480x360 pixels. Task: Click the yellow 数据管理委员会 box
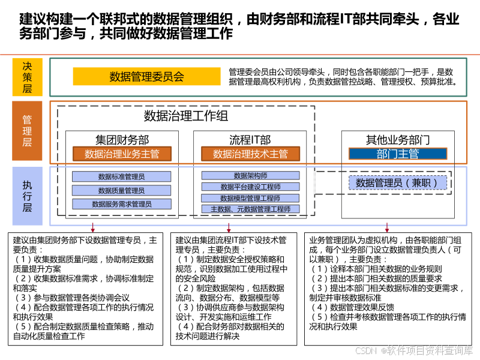pos(146,77)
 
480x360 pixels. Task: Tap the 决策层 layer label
pos(28,77)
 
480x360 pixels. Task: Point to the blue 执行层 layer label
pos(28,196)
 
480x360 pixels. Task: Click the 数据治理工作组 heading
pos(186,116)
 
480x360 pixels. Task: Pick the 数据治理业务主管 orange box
pos(122,154)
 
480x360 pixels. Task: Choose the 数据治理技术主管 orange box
pos(250,154)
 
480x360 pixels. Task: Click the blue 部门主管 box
pos(398,154)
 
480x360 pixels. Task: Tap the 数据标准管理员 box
pos(122,177)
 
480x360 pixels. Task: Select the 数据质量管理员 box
pos(122,190)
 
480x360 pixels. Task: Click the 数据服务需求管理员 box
pos(122,204)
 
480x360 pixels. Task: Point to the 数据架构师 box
pos(250,176)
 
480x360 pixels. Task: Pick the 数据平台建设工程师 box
pos(250,187)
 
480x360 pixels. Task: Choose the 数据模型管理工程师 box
pos(250,198)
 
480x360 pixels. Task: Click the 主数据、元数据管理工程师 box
pos(250,209)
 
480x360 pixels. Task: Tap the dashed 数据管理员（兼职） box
pos(398,183)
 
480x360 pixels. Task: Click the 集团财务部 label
pos(122,140)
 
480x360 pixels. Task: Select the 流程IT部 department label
pos(250,140)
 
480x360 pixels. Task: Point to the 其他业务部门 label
pos(398,140)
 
